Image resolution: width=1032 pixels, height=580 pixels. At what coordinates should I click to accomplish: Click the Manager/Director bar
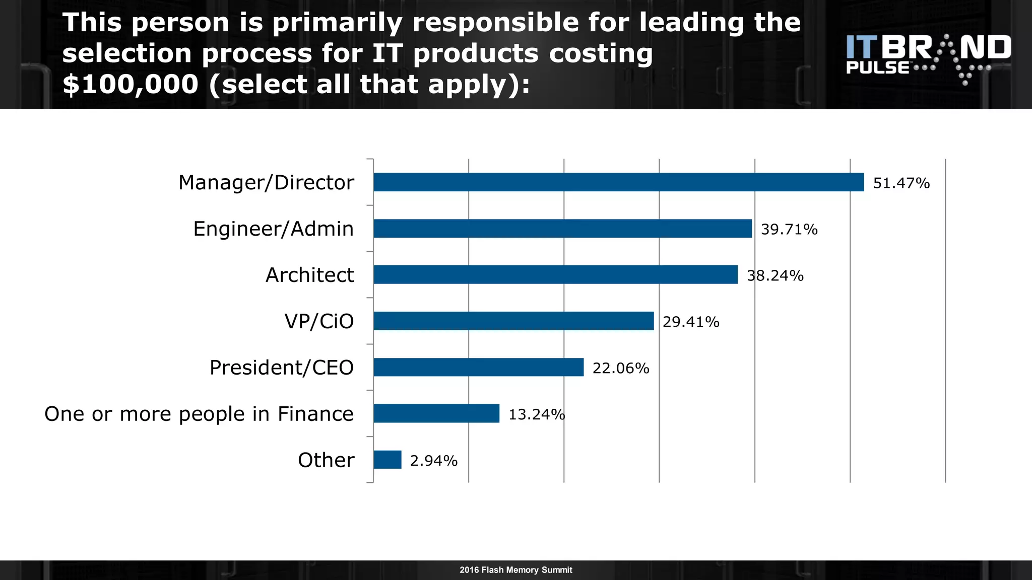click(x=618, y=182)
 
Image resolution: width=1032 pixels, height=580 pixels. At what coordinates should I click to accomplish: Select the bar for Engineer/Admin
click(x=562, y=229)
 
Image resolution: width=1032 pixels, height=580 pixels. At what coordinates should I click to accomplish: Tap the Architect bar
click(x=555, y=275)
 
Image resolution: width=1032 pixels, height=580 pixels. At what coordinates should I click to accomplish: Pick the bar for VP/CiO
click(x=513, y=321)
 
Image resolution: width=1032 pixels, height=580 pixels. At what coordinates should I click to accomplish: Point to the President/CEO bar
click(x=478, y=368)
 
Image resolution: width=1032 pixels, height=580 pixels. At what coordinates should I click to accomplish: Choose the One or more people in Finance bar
click(x=436, y=414)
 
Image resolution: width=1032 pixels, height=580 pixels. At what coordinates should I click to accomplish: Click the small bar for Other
click(x=388, y=460)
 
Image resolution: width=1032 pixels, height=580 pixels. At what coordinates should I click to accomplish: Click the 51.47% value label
click(x=901, y=183)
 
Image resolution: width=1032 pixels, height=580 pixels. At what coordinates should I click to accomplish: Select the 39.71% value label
click(x=789, y=230)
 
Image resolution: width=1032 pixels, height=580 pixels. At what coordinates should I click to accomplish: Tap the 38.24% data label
click(x=775, y=276)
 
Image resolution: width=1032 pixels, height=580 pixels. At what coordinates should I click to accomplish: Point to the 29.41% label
click(x=691, y=322)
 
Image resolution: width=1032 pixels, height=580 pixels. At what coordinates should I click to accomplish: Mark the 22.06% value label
click(x=621, y=369)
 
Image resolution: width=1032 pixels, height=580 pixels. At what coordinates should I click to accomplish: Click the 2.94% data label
click(x=434, y=461)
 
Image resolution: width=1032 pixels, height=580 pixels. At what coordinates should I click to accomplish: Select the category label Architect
click(x=309, y=275)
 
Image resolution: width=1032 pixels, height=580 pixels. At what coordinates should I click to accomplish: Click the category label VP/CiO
click(x=319, y=322)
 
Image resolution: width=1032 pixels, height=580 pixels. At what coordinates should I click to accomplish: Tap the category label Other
click(x=326, y=460)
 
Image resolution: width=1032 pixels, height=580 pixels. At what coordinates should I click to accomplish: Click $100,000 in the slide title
click(x=131, y=84)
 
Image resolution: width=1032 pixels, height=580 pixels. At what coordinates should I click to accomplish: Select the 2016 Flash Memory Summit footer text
click(x=515, y=570)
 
